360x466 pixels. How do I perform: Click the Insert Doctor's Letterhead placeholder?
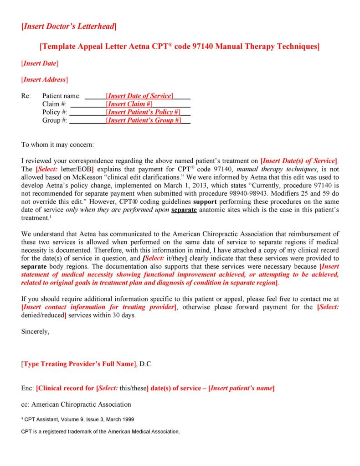(x=69, y=27)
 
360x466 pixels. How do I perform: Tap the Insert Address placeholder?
(x=45, y=79)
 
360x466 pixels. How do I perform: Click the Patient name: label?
(x=62, y=96)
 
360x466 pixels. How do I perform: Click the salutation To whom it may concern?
(x=57, y=145)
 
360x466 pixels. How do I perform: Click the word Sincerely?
(x=36, y=331)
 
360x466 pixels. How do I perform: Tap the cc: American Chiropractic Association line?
(x=76, y=404)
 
